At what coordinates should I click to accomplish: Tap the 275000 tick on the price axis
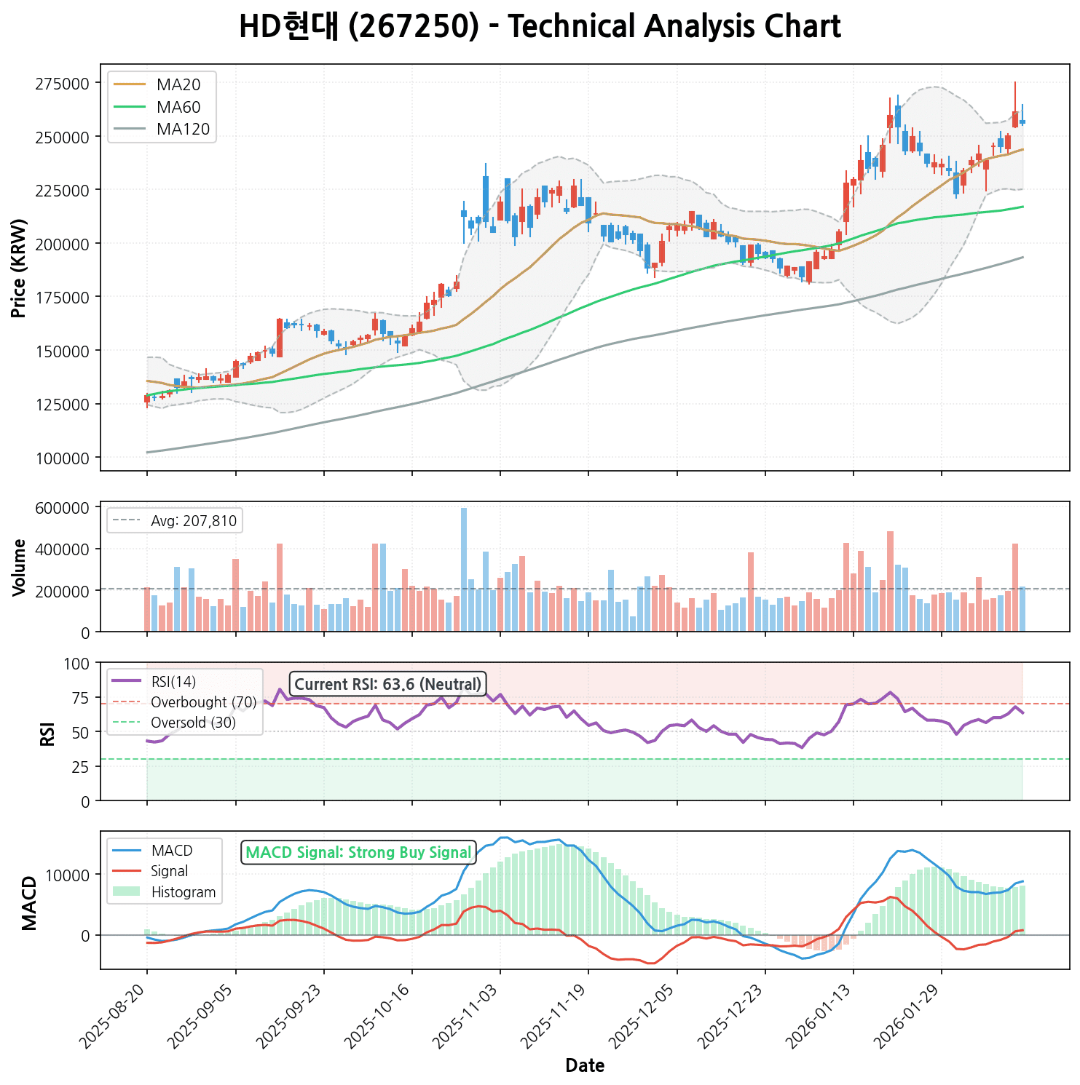68,84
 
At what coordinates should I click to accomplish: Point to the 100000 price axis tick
68,458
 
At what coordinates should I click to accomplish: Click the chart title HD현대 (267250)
540,28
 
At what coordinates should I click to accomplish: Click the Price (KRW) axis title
20,268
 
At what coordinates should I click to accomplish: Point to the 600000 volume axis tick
68,507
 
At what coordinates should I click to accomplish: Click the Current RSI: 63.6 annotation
387,685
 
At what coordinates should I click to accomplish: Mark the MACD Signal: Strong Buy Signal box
358,853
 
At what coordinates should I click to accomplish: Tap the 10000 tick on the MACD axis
70,875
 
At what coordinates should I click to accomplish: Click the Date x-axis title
585,1066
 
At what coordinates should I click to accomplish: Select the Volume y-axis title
20,568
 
